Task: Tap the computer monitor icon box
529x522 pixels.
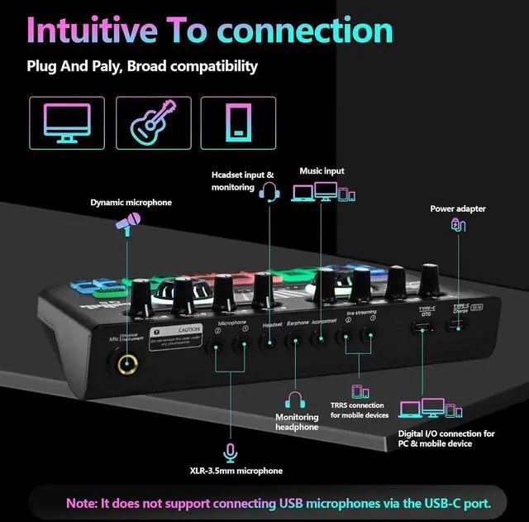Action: click(x=67, y=122)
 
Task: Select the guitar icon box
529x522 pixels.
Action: click(x=153, y=122)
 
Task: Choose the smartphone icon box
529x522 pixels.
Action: click(x=238, y=122)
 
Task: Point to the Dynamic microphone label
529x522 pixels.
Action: click(x=131, y=202)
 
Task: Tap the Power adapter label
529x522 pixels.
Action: click(x=457, y=208)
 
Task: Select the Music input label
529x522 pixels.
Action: click(x=322, y=171)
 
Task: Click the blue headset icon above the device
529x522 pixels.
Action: click(x=269, y=193)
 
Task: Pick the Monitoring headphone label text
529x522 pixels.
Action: click(x=298, y=422)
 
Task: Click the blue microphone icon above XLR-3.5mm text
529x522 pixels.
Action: click(x=231, y=451)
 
